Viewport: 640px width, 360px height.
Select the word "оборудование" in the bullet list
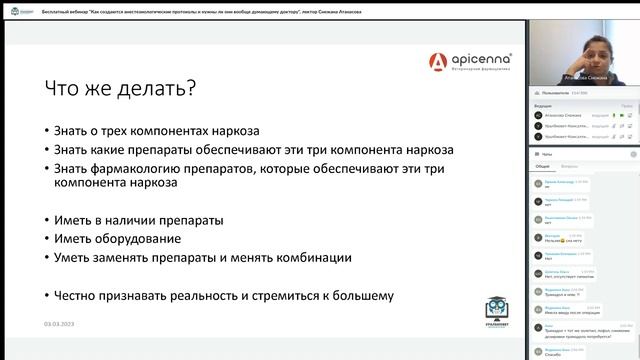pyautogui.click(x=139, y=239)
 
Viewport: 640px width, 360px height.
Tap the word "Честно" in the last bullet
pyautogui.click(x=84, y=295)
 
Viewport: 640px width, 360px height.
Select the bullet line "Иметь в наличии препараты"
pyautogui.click(x=140, y=220)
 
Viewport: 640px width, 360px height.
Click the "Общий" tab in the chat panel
pyautogui.click(x=542, y=166)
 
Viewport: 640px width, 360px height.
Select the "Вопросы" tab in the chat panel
pyautogui.click(x=568, y=166)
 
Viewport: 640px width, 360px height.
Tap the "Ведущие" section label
pyautogui.click(x=543, y=104)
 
